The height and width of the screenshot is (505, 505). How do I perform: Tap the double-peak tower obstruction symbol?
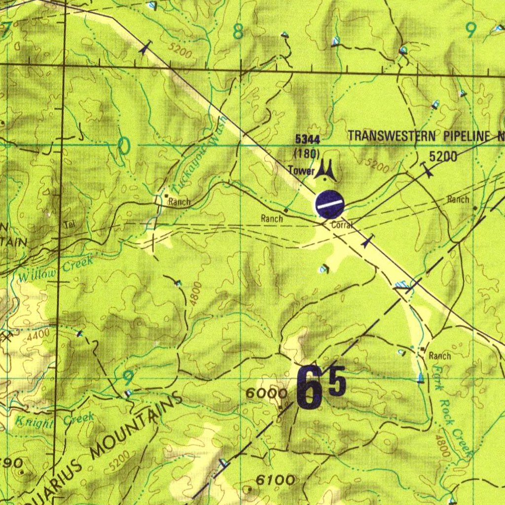click(x=326, y=170)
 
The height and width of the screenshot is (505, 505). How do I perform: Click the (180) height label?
click(x=307, y=153)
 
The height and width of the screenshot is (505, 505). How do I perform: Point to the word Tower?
click(x=301, y=171)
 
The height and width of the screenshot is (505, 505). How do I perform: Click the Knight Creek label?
click(x=54, y=421)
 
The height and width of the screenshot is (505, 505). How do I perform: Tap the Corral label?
click(x=341, y=225)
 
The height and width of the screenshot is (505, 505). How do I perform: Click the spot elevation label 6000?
click(x=266, y=393)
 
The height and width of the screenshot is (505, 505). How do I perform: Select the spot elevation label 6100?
click(x=276, y=479)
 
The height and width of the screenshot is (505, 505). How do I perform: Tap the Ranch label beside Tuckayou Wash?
click(x=179, y=202)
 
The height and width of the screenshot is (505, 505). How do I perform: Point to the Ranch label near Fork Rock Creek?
click(x=439, y=356)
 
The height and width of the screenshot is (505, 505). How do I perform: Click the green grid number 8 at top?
click(x=238, y=33)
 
